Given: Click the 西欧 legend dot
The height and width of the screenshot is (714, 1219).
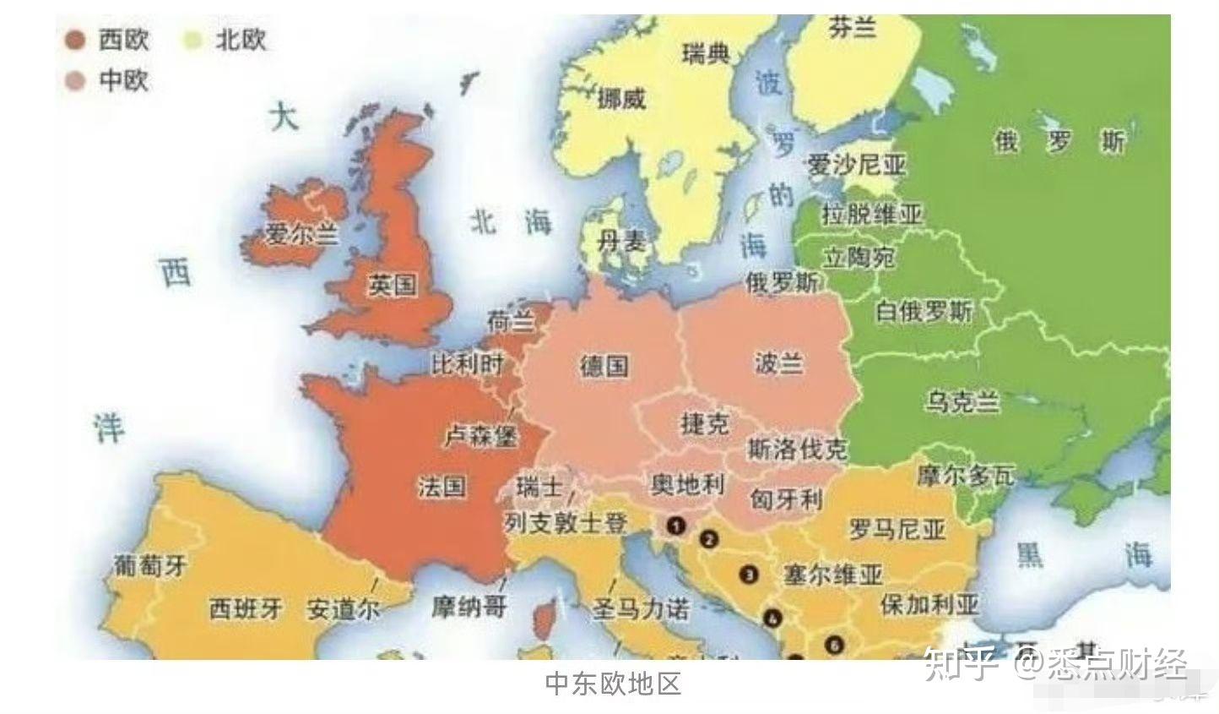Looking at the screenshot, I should pos(76,40).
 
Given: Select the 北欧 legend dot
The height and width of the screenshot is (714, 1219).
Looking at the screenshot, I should pos(193,40).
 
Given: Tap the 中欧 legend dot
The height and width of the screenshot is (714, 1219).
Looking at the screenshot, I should pos(76,80).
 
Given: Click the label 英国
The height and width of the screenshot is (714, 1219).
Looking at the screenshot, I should pos(393,285).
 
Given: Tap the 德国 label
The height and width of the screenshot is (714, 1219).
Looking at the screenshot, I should pos(604,365).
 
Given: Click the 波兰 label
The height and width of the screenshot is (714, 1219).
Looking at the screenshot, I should pos(778,363).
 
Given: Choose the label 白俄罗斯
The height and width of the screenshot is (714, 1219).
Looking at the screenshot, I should pos(924,311).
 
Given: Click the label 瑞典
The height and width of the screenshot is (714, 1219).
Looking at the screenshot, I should pos(706,54).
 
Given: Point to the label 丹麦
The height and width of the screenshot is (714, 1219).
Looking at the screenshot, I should pos(621,242).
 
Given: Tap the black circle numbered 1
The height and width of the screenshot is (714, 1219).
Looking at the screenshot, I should pos(675,526).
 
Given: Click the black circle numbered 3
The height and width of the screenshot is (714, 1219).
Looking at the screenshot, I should pos(749,575).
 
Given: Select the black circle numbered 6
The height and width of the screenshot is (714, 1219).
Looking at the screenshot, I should pos(835,645).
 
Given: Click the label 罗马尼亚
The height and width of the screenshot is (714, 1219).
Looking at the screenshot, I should pos(897,530).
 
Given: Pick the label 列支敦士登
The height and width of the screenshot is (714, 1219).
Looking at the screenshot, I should pos(566,522).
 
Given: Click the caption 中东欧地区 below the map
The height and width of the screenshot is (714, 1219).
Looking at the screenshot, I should pos(613,683).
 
